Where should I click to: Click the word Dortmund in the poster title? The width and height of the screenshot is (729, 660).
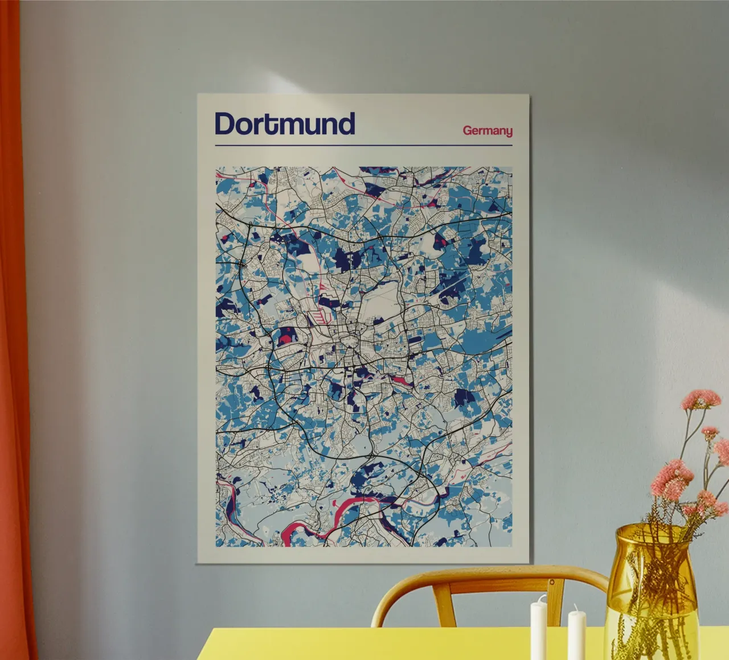pos(285,123)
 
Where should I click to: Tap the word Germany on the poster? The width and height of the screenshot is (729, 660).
pos(488,131)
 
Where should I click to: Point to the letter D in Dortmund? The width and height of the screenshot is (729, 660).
pos(226,123)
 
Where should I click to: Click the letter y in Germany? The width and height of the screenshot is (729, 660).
pos(508,133)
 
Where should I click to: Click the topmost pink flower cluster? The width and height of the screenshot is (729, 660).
pos(701,398)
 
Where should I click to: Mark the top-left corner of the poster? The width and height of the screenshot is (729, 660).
pos(198,94)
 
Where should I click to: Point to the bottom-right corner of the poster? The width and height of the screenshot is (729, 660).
pos(531,563)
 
